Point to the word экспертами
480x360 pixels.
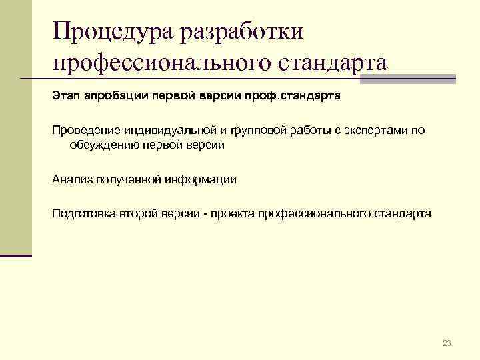374,130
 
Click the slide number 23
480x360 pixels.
447,343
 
